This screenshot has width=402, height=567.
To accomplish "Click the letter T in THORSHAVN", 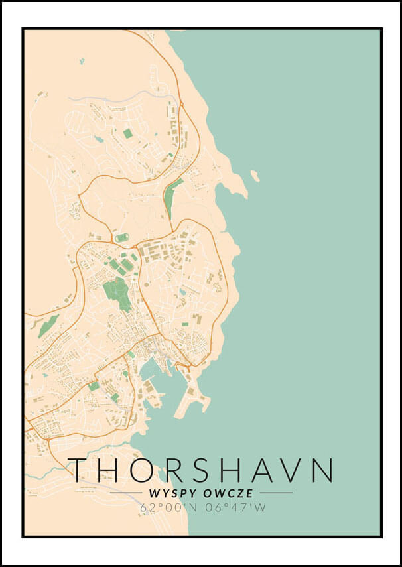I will click(x=80, y=470).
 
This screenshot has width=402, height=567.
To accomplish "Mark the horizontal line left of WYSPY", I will click(x=125, y=493).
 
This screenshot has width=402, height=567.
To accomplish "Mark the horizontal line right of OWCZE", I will click(x=276, y=493).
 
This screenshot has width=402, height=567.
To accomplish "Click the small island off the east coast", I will click(x=255, y=176).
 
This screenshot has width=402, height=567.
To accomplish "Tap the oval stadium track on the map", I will click(x=122, y=237).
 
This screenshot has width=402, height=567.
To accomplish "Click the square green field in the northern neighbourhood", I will click(x=127, y=133).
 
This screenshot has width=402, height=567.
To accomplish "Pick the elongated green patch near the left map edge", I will click(x=48, y=326).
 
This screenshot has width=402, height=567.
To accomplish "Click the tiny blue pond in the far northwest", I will click(x=82, y=61).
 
